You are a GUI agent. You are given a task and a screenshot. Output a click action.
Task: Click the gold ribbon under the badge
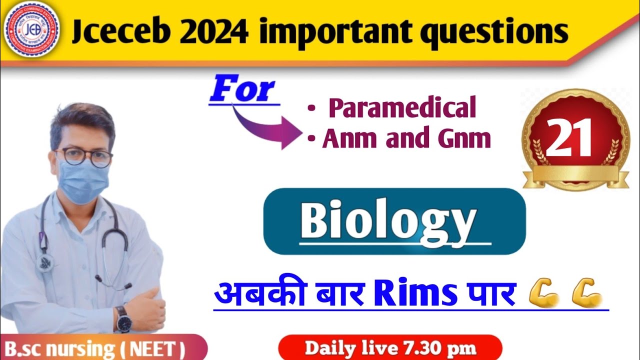[575, 175]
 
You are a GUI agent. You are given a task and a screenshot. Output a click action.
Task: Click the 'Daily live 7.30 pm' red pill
[390, 348]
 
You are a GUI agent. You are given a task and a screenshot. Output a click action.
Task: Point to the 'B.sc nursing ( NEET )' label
[95, 348]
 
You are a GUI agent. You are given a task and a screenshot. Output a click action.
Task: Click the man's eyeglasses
[85, 156]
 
